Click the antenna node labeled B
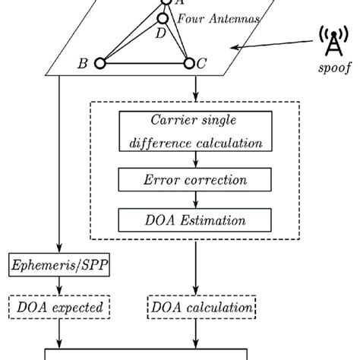(99, 65)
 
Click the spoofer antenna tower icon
(331, 42)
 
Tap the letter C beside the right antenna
(202, 65)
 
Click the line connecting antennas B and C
(144, 66)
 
